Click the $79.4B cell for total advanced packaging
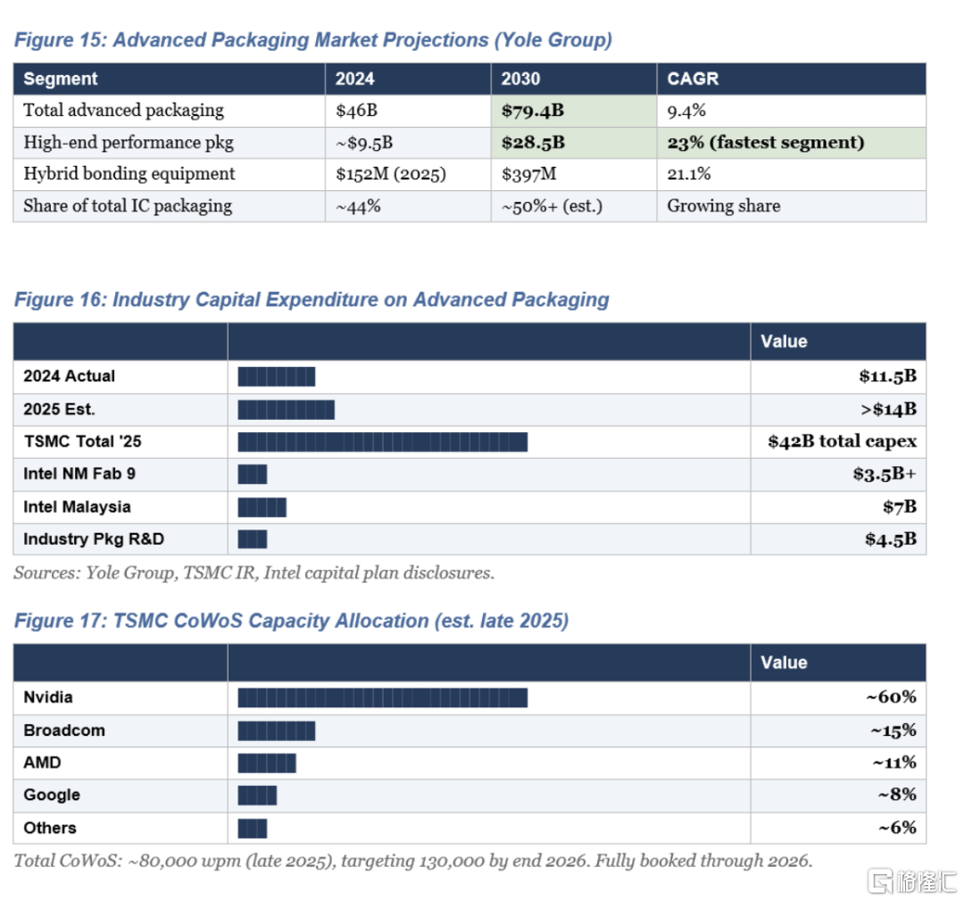[533, 111]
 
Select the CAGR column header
[693, 79]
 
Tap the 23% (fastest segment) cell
[766, 143]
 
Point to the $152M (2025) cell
[390, 174]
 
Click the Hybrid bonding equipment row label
[129, 174]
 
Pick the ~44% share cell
[358, 206]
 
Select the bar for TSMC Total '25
[382, 442]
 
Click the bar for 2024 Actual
[277, 377]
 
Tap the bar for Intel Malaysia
[262, 507]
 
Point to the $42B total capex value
[842, 442]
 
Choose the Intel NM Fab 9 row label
[79, 474]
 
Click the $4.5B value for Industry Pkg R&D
[890, 539]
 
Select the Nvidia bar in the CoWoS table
[382, 697]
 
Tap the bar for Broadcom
[277, 730]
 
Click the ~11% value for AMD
[893, 763]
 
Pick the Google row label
[52, 795]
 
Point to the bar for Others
[253, 828]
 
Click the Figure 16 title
[312, 300]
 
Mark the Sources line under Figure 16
[253, 573]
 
